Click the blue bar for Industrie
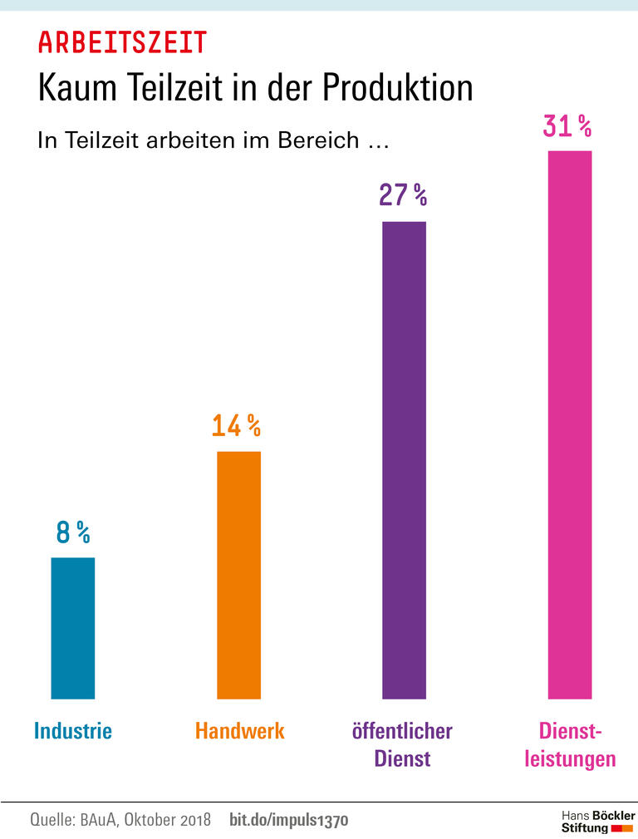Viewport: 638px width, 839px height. tap(73, 628)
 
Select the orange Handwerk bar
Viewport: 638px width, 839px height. tap(238, 575)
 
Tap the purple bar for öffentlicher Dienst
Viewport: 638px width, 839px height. tap(404, 460)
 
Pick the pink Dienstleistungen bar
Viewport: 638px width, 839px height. tap(570, 424)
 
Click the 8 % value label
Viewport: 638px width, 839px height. tap(72, 532)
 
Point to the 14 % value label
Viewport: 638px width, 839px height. tap(236, 426)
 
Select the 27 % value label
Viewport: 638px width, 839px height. tap(403, 195)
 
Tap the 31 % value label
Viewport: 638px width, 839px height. tap(567, 126)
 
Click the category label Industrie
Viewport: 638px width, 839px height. tap(73, 731)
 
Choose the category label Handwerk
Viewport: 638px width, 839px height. tap(240, 731)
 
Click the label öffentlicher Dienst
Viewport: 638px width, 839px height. tap(402, 744)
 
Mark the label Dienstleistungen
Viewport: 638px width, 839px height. tap(570, 744)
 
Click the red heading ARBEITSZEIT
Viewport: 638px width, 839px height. tap(122, 42)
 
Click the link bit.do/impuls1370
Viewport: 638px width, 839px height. tap(288, 820)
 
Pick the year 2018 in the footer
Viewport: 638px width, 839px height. tap(195, 820)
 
